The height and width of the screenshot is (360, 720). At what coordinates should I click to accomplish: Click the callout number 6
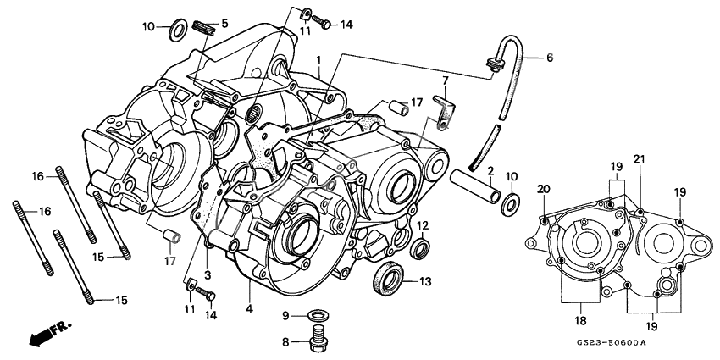tap(549, 58)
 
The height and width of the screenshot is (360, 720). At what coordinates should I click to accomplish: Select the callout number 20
tap(543, 189)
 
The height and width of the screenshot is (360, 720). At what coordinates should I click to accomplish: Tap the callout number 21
tap(639, 160)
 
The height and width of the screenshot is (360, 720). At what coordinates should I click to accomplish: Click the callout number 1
tap(318, 61)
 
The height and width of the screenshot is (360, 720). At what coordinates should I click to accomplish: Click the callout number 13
tap(425, 281)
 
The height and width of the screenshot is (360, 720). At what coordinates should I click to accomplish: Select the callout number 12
tap(424, 225)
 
